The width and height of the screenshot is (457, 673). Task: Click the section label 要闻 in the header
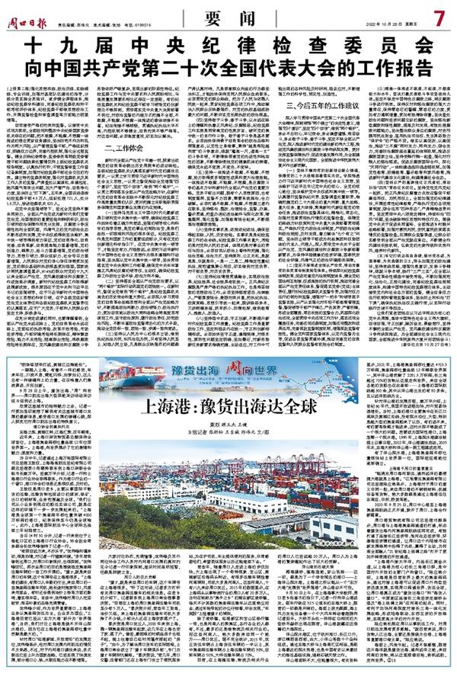click(228, 15)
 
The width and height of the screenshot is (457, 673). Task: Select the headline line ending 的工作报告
click(228, 62)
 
